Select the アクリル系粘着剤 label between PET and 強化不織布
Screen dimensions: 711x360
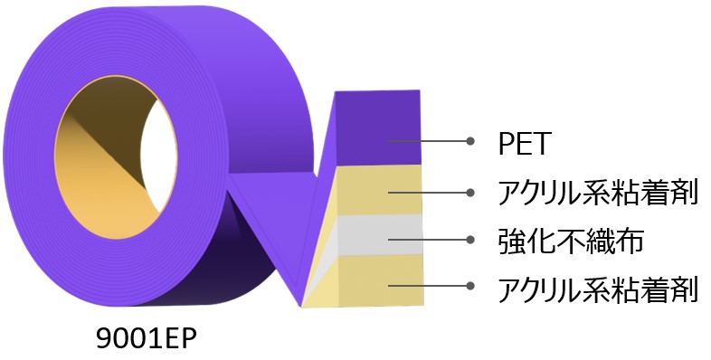click(x=598, y=192)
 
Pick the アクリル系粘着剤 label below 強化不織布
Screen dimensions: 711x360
click(x=598, y=290)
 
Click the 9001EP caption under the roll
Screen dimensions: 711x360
click(x=146, y=337)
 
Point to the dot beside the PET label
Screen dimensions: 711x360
click(x=470, y=141)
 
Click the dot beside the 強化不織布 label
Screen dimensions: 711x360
click(x=470, y=240)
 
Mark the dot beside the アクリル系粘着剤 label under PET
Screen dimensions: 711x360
click(x=470, y=192)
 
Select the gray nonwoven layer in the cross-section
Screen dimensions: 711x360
click(x=380, y=233)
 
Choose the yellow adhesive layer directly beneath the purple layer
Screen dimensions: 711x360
click(x=380, y=188)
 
